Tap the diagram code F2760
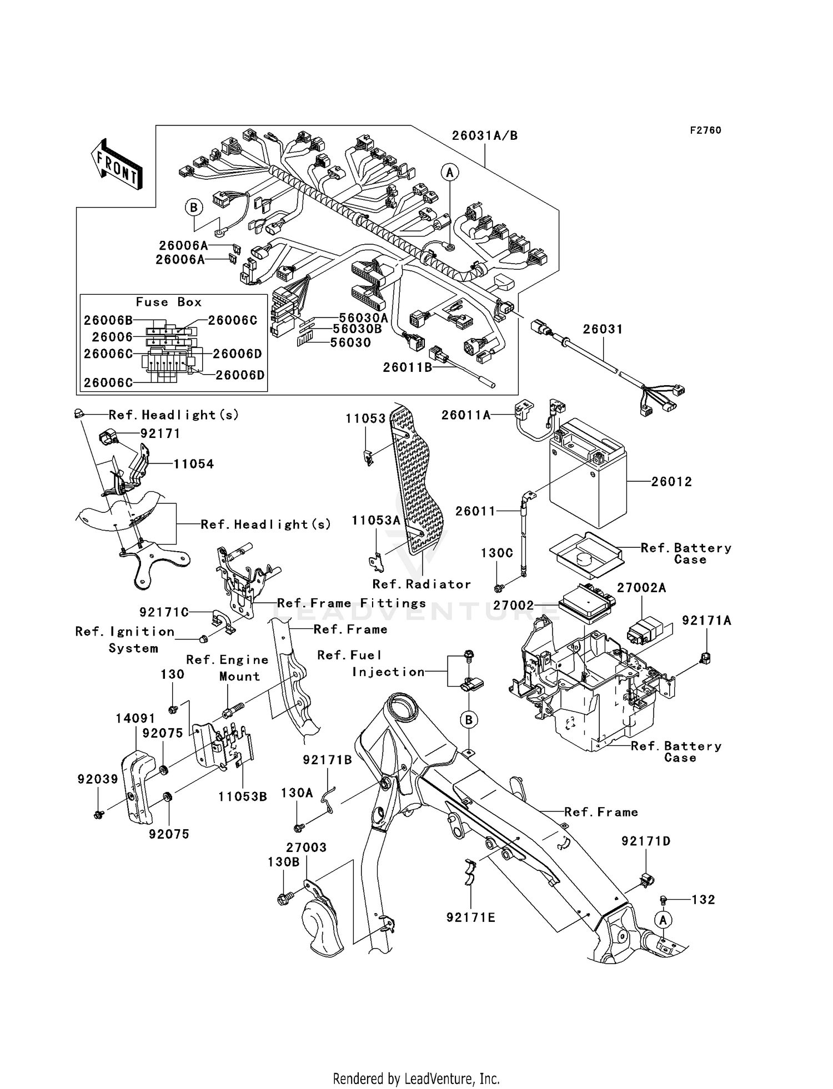pyautogui.click(x=705, y=130)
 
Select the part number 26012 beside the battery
pyautogui.click(x=671, y=482)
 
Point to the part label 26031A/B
pyautogui.click(x=484, y=136)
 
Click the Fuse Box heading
pyautogui.click(x=169, y=302)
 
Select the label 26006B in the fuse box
pyautogui.click(x=108, y=320)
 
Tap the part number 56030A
pyautogui.click(x=363, y=318)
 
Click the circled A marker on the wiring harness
pyautogui.click(x=450, y=173)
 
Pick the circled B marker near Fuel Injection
pyautogui.click(x=469, y=720)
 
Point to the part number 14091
pyautogui.click(x=136, y=719)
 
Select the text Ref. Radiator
pyautogui.click(x=421, y=584)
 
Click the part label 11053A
pyautogui.click(x=376, y=521)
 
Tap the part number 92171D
pyautogui.click(x=646, y=841)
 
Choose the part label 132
pyautogui.click(x=703, y=900)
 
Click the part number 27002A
pyautogui.click(x=641, y=588)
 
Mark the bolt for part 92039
pyautogui.click(x=99, y=815)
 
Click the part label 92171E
pyautogui.click(x=471, y=918)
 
